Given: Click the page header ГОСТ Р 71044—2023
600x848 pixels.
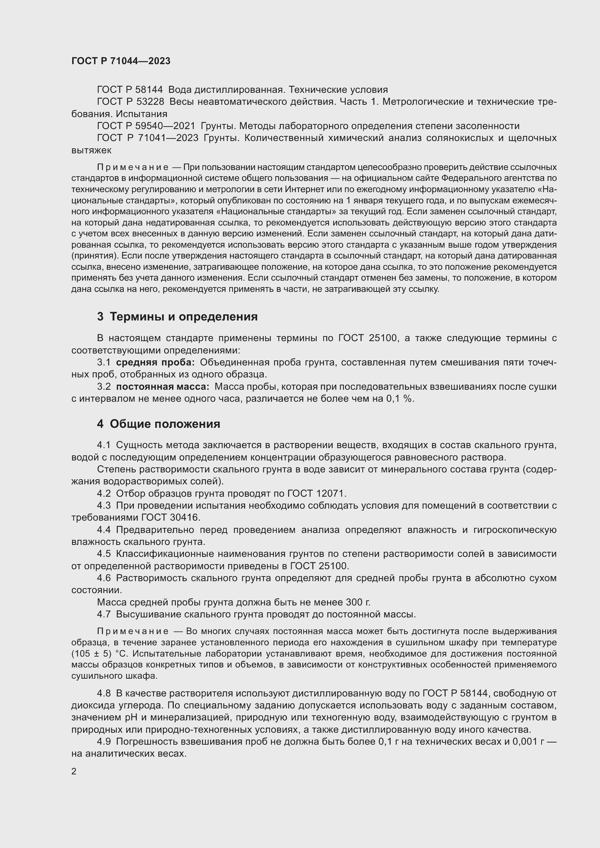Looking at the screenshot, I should click(x=121, y=61).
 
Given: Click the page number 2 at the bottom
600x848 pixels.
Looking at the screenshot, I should click(x=74, y=771).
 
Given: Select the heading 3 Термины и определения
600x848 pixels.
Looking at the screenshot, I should click(x=177, y=317).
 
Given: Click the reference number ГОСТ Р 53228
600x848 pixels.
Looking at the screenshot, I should click(x=131, y=102).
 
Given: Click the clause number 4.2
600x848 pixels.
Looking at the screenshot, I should click(x=104, y=493).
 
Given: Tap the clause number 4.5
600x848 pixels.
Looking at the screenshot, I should click(x=104, y=554).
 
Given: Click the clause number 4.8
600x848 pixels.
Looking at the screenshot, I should click(x=104, y=693).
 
